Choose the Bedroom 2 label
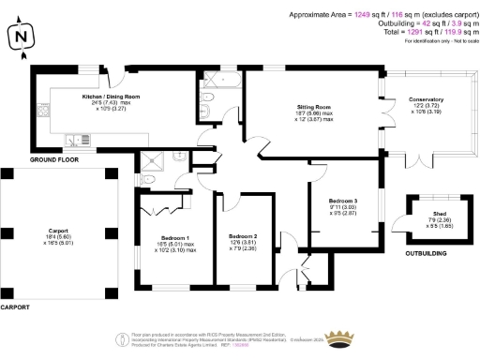(243, 238)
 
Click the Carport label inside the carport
(58, 229)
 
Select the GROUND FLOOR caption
(52, 160)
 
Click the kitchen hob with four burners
(43, 112)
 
